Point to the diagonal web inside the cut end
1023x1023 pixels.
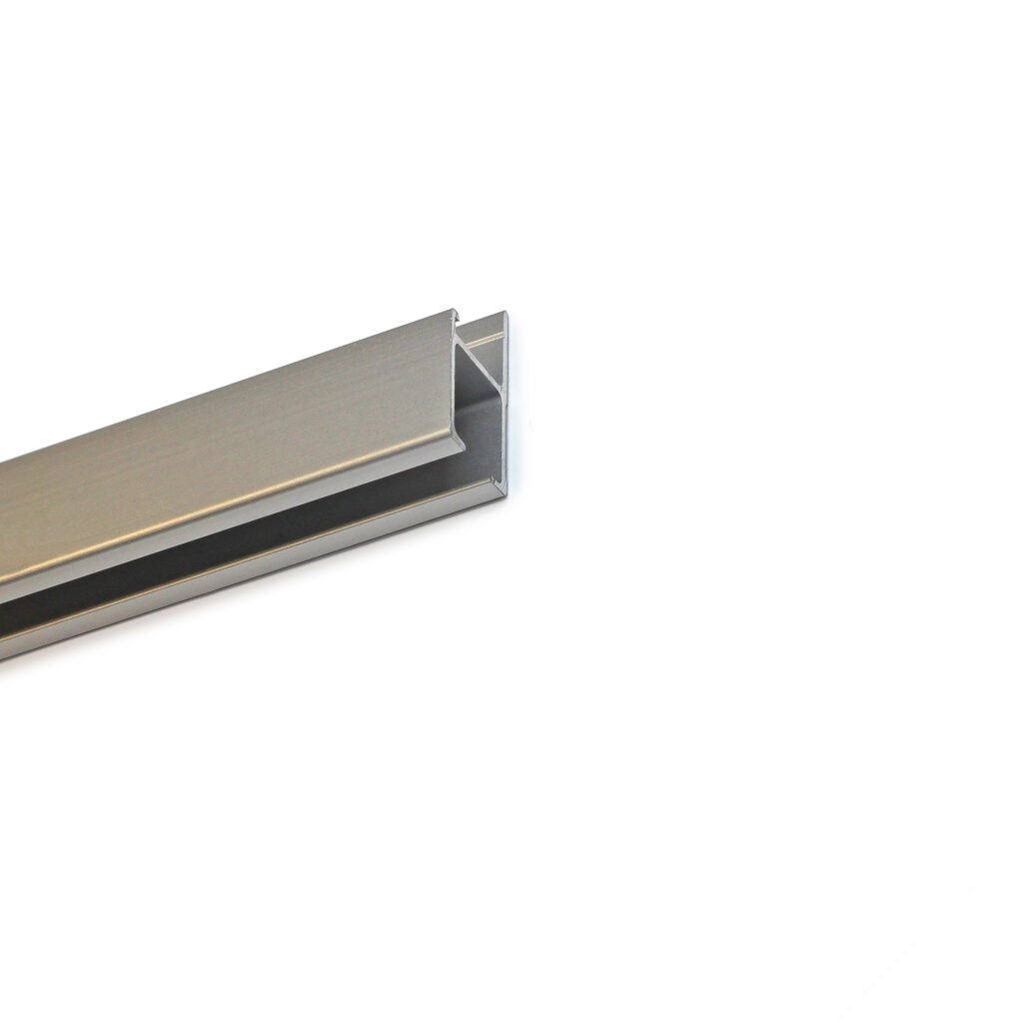(478, 363)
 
